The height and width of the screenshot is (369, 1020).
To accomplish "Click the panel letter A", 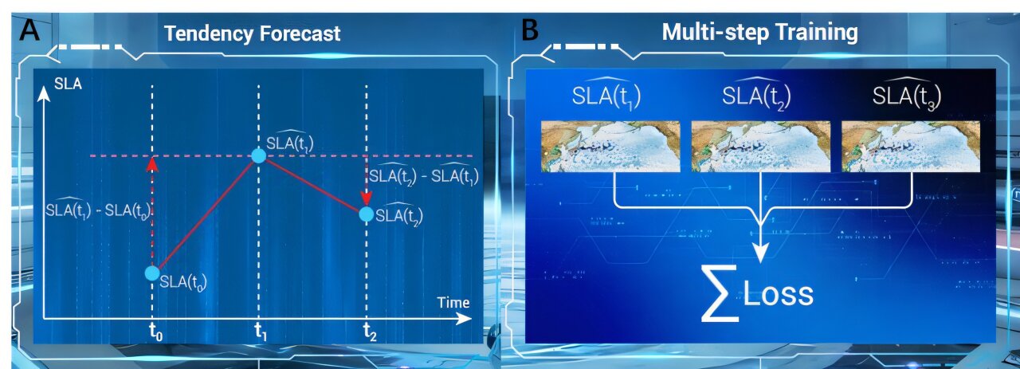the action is coord(29,31).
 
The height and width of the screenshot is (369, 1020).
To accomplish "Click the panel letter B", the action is coord(530,30).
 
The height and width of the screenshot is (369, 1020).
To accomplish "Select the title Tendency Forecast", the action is coord(252,33).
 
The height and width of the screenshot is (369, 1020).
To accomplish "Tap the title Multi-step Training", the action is coord(759,33).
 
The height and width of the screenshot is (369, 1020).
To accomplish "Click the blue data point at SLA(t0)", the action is coord(152,273).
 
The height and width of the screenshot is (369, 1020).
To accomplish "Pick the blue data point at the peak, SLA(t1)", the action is coord(259,155).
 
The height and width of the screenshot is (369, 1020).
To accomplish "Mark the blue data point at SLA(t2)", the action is coord(366,214).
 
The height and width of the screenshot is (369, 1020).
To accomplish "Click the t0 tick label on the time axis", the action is coord(155,332).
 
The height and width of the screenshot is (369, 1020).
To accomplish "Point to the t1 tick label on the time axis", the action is coord(261,332).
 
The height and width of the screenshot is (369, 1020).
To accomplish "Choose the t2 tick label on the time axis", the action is coord(370,332).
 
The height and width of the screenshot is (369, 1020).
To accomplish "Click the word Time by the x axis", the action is coord(453,303).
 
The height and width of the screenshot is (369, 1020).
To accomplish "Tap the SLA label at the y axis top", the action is coord(68,84).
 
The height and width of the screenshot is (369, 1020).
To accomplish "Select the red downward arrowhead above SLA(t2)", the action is coord(366,198).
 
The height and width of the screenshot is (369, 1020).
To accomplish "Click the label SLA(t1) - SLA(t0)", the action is coord(100,209).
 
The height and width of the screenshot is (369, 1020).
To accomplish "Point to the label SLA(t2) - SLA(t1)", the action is coord(423,175).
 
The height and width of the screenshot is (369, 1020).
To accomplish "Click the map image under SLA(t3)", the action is coord(911,146).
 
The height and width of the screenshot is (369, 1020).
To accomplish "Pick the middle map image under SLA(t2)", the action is coord(760,146).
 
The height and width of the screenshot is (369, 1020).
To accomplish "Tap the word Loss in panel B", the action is coord(778,295).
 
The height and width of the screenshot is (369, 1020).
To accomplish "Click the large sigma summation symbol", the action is coord(720,294).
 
